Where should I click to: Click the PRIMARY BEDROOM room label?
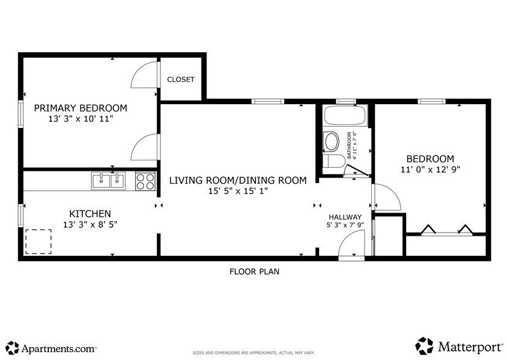coord(80,108)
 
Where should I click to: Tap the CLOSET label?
coord(181,80)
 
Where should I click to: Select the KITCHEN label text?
coord(89,214)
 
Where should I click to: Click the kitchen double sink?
coord(108,181)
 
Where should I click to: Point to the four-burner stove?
coord(145,181)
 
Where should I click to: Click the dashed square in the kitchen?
coord(38,241)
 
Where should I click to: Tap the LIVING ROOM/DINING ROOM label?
coord(237,180)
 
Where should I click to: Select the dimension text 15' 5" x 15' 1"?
coord(237,191)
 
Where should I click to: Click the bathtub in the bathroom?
coord(344,116)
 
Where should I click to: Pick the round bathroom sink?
coord(331,141)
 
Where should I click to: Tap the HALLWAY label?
coord(345,217)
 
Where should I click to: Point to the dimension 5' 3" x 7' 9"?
coord(345,225)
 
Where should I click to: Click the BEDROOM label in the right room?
coord(431,158)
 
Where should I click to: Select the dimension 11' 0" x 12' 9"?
coord(431,169)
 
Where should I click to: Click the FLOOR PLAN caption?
coord(254,271)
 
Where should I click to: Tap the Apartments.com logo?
coord(51,348)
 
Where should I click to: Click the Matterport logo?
coord(459,347)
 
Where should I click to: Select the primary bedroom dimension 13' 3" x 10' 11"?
coord(80,119)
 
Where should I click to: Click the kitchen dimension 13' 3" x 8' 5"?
coord(89,224)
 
